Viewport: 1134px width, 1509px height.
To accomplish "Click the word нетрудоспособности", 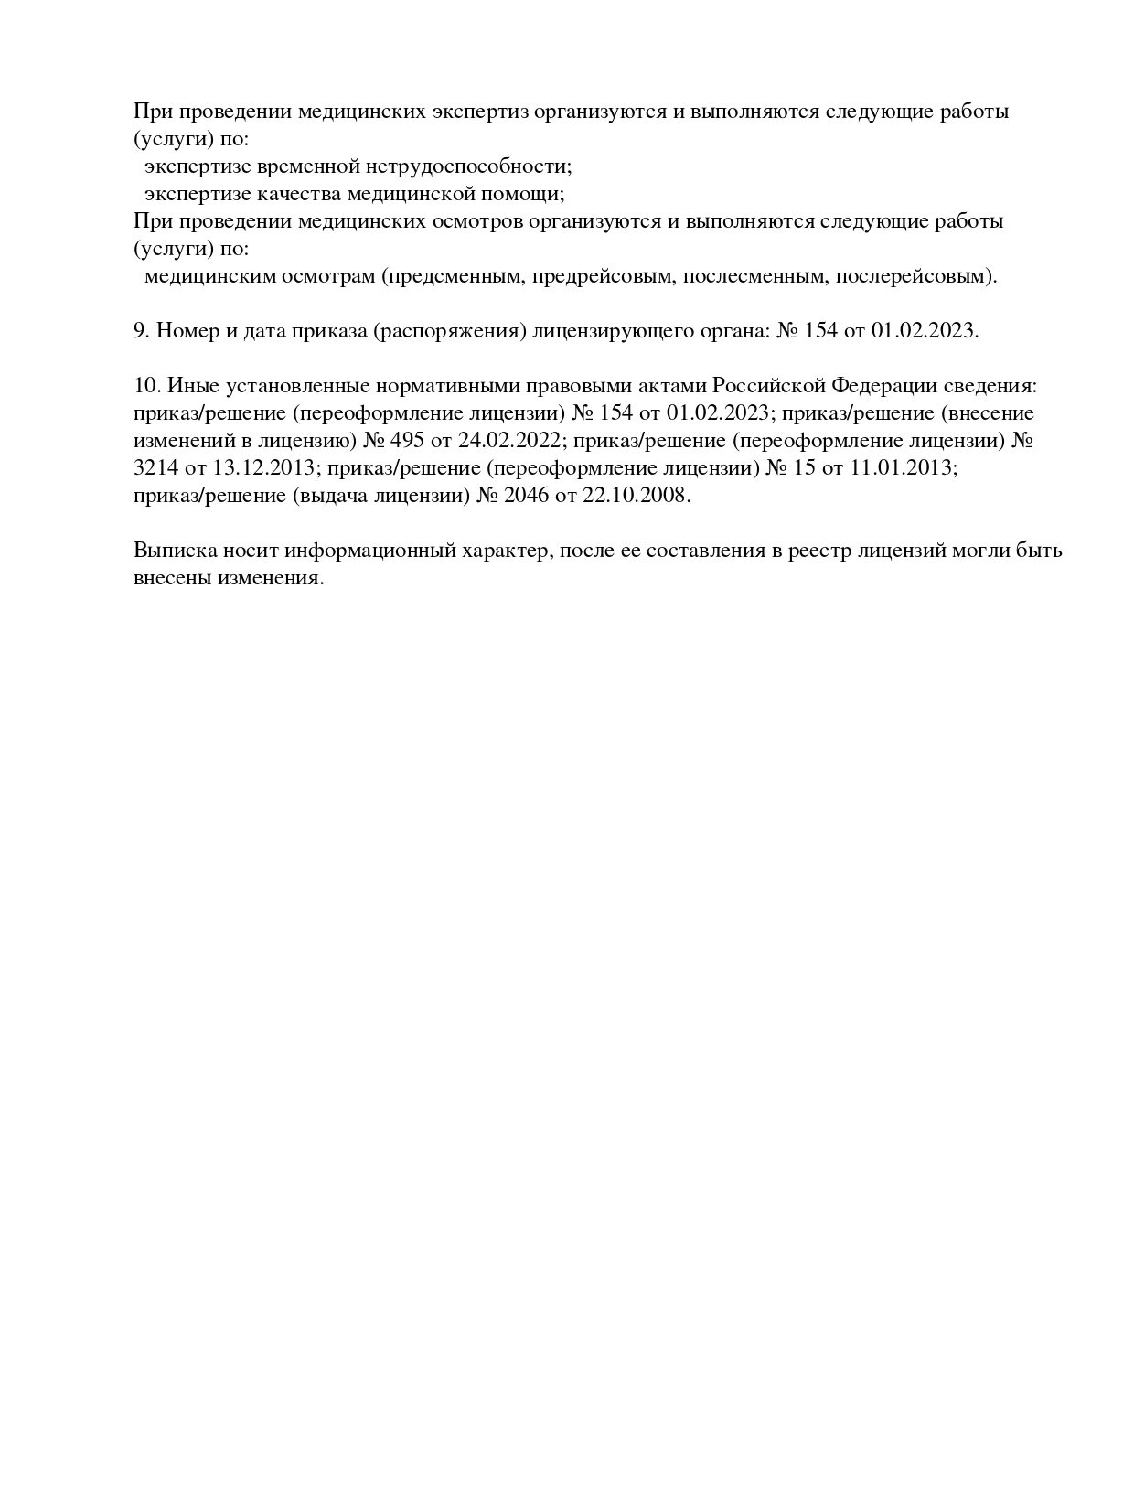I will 470,166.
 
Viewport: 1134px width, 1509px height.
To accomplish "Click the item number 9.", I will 142,331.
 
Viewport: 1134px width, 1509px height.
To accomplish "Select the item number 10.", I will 147,386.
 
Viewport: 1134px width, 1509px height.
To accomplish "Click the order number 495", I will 407,441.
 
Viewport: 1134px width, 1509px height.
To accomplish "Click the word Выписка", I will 175,551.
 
